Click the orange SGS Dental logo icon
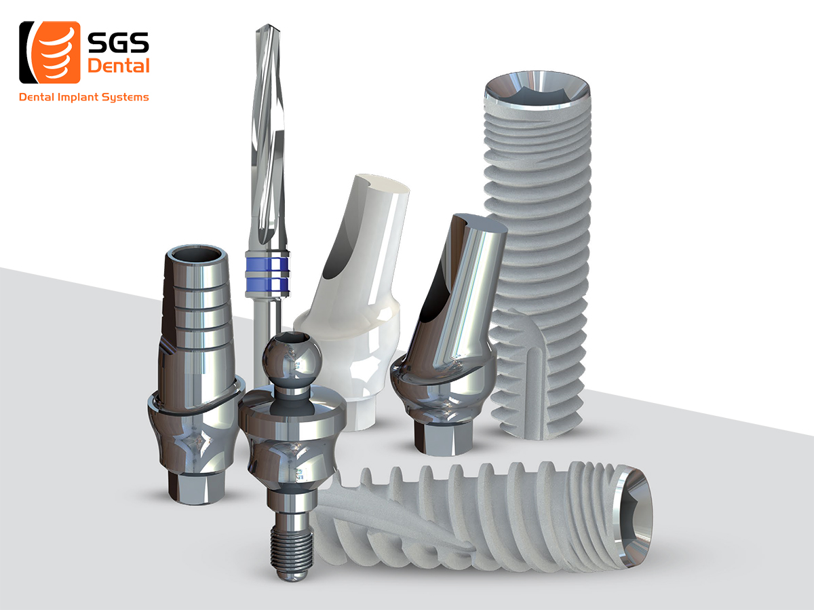click(50, 52)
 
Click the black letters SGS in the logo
click(118, 42)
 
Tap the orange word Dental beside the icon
click(118, 66)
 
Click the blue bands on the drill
click(267, 273)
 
